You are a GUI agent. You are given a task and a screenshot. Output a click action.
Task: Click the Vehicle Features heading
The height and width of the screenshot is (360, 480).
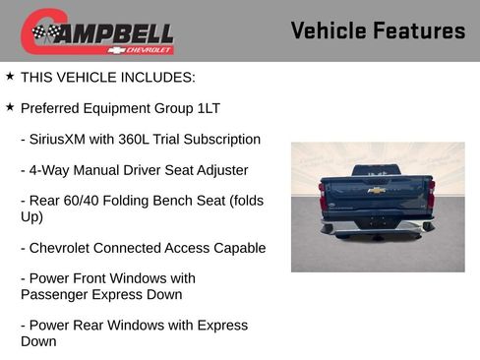pyautogui.click(x=378, y=31)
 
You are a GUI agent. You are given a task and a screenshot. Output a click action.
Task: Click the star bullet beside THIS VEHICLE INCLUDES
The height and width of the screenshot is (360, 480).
pyautogui.click(x=10, y=75)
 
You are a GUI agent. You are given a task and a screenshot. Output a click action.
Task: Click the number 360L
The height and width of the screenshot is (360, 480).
pyautogui.click(x=157, y=139)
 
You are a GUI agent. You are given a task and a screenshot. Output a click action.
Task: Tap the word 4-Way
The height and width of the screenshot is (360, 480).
pyautogui.click(x=55, y=170)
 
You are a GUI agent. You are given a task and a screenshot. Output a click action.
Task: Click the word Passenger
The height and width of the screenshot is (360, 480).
pyautogui.click(x=56, y=294)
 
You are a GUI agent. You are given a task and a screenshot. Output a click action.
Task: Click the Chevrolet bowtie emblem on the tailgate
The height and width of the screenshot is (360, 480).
pyautogui.click(x=377, y=190)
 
